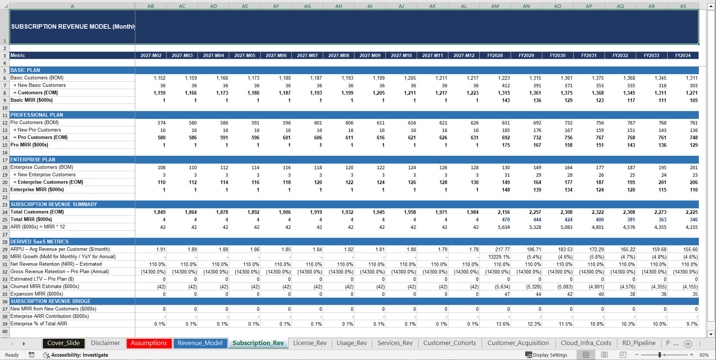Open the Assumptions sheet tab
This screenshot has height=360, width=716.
pos(149,343)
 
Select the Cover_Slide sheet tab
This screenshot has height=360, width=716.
pos(63,343)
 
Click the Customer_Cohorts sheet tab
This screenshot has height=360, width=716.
pos(450,343)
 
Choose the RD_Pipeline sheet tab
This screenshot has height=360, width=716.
pos(638,343)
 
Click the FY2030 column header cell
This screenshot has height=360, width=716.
pos(558,56)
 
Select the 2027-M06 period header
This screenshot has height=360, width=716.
pos(276,56)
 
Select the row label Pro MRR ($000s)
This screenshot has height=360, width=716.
pos(29,145)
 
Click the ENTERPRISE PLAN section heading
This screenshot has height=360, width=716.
pos(33,160)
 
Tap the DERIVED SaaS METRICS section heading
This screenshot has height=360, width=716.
pos(40,242)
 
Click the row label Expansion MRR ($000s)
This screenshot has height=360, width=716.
pos(37,294)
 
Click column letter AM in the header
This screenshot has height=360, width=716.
pos(495,6)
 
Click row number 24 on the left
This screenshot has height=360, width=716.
pos(5,212)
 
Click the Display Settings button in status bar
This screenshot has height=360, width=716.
pos(546,355)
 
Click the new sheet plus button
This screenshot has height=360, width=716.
pos(688,344)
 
